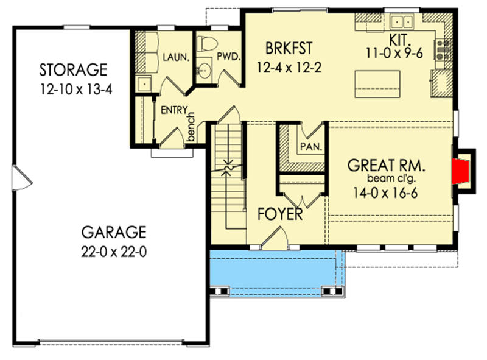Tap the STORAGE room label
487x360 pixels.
point(73,67)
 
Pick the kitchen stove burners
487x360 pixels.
point(441,49)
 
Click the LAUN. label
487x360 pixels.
point(177,58)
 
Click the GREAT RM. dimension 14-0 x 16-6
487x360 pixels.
point(385,194)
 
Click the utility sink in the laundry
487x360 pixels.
point(143,83)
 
